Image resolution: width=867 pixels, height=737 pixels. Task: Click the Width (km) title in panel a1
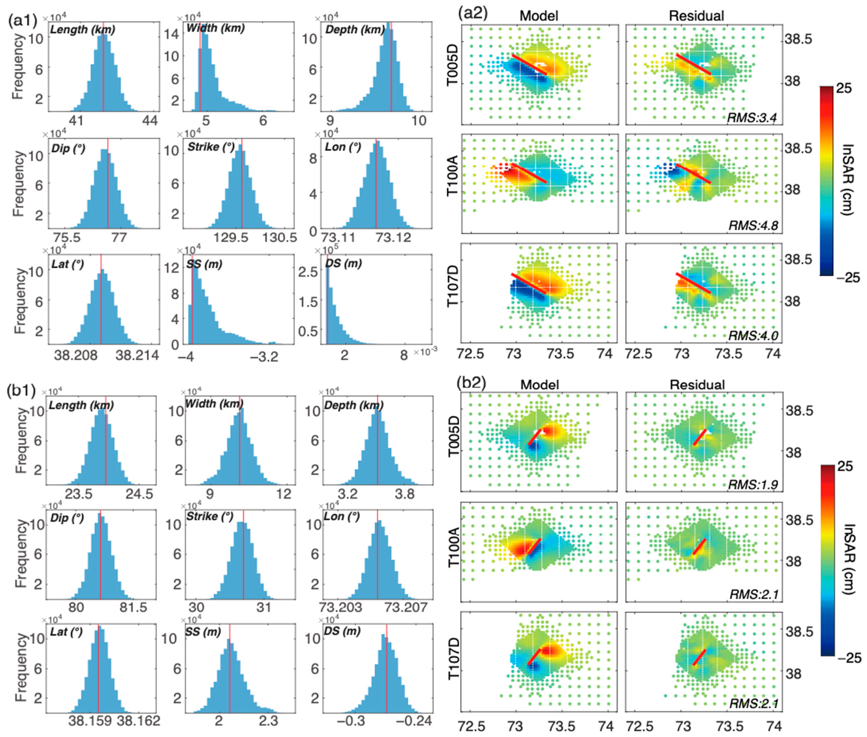coord(215,28)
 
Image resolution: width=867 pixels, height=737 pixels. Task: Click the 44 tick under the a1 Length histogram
coord(150,121)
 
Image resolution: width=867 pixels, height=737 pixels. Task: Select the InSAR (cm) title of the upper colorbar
coord(848,180)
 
